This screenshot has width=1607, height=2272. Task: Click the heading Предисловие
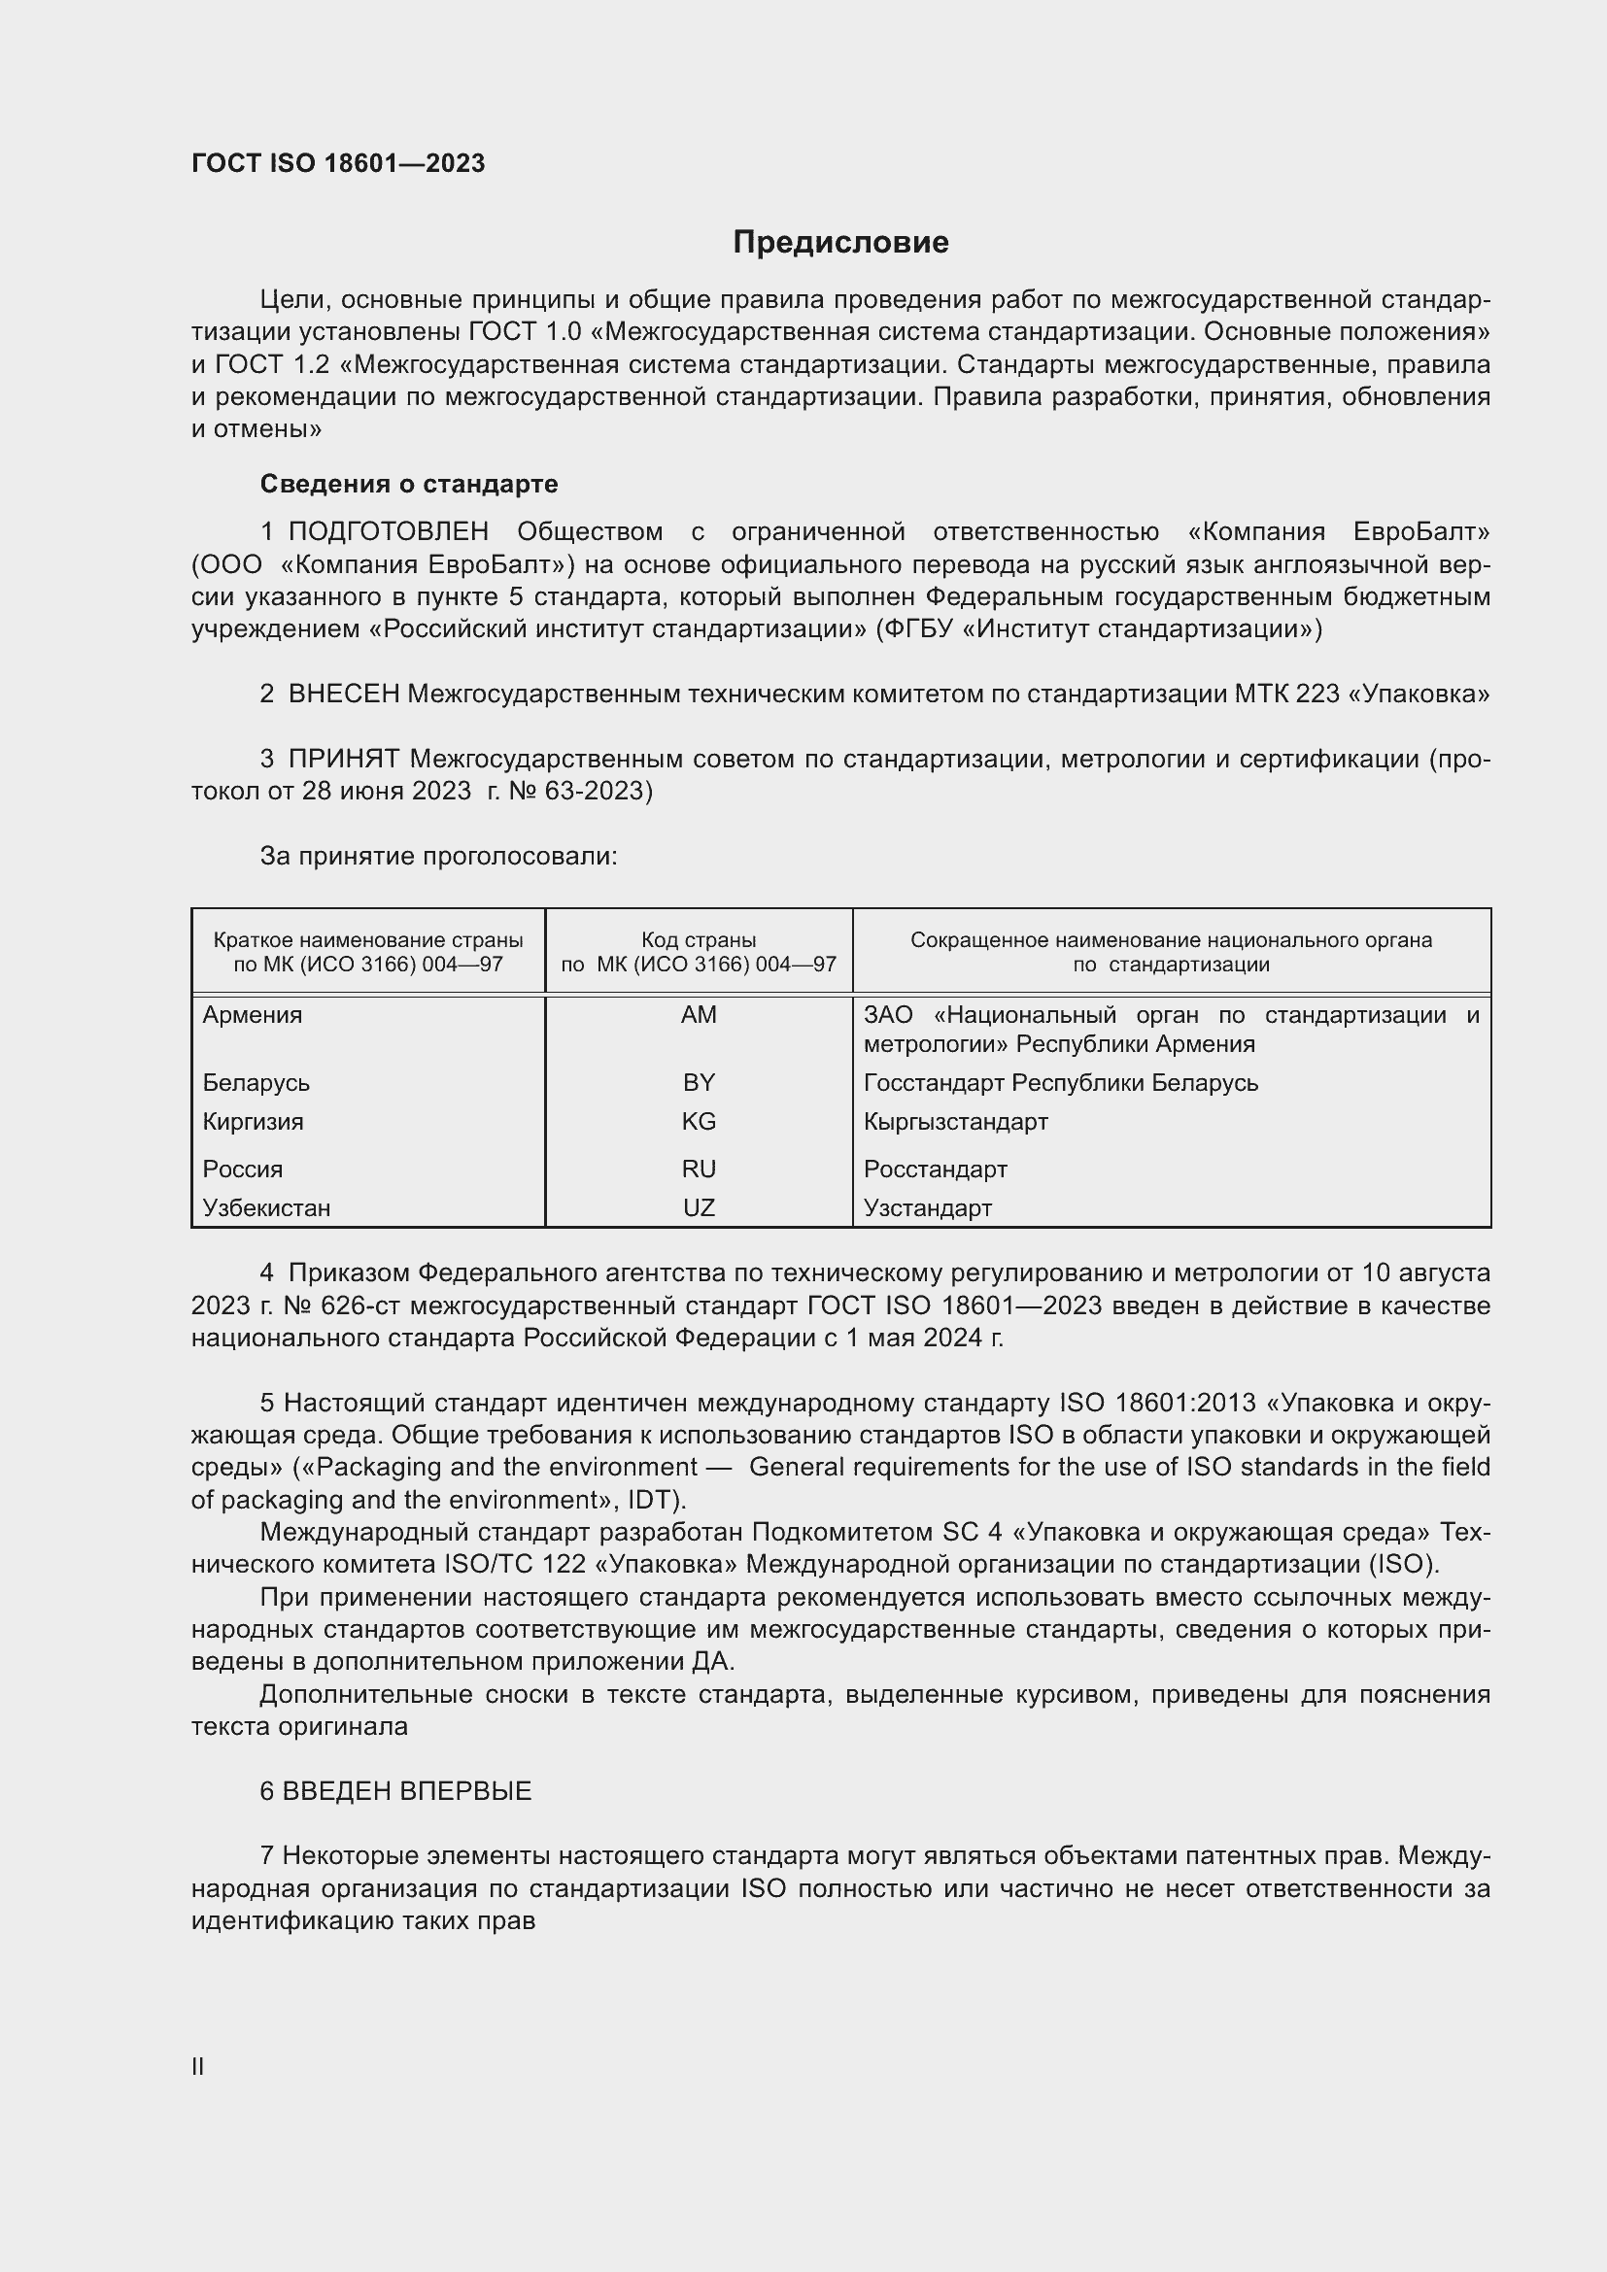pyautogui.click(x=840, y=243)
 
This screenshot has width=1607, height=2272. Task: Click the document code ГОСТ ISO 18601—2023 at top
pyautogui.click(x=338, y=163)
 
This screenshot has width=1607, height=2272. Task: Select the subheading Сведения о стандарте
pyautogui.click(x=409, y=484)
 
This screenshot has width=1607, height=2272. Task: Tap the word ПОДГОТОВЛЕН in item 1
pyautogui.click(x=388, y=531)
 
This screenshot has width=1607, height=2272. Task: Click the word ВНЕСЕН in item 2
pyautogui.click(x=343, y=694)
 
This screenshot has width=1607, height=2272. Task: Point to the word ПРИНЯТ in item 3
pyautogui.click(x=343, y=759)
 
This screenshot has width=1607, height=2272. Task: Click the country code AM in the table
pyautogui.click(x=699, y=1014)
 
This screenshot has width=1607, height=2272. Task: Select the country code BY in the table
pyautogui.click(x=699, y=1082)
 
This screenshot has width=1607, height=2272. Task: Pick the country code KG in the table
pyautogui.click(x=699, y=1121)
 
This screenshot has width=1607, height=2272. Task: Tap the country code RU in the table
pyautogui.click(x=699, y=1169)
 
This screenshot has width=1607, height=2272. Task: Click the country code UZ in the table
pyautogui.click(x=699, y=1207)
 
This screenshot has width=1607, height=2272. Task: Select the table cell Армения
pyautogui.click(x=253, y=1014)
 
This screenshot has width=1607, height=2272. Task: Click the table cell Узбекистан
pyautogui.click(x=266, y=1207)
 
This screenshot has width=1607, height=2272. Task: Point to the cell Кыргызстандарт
pyautogui.click(x=955, y=1121)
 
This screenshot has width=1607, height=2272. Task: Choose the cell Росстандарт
pyautogui.click(x=935, y=1169)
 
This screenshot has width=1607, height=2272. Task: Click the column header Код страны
pyautogui.click(x=699, y=940)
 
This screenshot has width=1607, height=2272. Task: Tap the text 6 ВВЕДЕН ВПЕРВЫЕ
pyautogui.click(x=395, y=1791)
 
